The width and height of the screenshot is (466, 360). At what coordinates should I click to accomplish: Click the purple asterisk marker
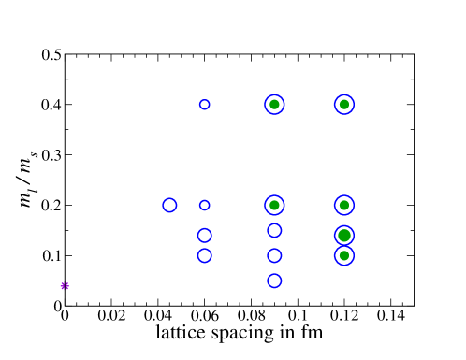[x=65, y=286]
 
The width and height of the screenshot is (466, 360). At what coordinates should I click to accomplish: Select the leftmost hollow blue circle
[x=169, y=205]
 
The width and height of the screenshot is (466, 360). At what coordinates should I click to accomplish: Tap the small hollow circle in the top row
[x=204, y=105]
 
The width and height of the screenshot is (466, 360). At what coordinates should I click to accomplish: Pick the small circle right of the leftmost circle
[x=204, y=205]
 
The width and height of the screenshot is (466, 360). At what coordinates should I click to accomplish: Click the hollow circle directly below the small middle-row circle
[x=204, y=236]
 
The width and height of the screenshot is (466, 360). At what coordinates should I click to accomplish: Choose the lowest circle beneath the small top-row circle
[x=204, y=255]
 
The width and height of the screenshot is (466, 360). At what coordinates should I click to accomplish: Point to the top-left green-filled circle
[x=274, y=105]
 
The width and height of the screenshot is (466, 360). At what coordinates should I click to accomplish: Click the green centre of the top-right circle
[x=344, y=105]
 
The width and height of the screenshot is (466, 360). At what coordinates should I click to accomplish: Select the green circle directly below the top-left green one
[x=274, y=205]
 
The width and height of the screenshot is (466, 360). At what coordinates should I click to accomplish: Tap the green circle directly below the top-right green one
[x=344, y=205]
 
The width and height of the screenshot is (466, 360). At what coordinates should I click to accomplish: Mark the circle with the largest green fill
[x=344, y=236]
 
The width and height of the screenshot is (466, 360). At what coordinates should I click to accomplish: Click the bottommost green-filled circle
[x=344, y=255]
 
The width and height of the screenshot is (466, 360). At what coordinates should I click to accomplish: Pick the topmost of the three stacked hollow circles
[x=274, y=230]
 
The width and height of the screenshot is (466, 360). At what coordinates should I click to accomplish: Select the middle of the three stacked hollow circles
[x=274, y=255]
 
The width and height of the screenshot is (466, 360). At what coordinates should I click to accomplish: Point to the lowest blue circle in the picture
[x=274, y=281]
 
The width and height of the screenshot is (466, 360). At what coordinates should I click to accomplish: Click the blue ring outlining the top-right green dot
[x=354, y=105]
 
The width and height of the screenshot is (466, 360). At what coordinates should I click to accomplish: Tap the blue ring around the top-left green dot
[x=284, y=105]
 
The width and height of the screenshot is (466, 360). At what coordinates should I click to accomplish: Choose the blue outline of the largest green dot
[x=354, y=236]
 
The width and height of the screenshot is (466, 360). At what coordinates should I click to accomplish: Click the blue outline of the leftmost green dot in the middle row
[x=284, y=205]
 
